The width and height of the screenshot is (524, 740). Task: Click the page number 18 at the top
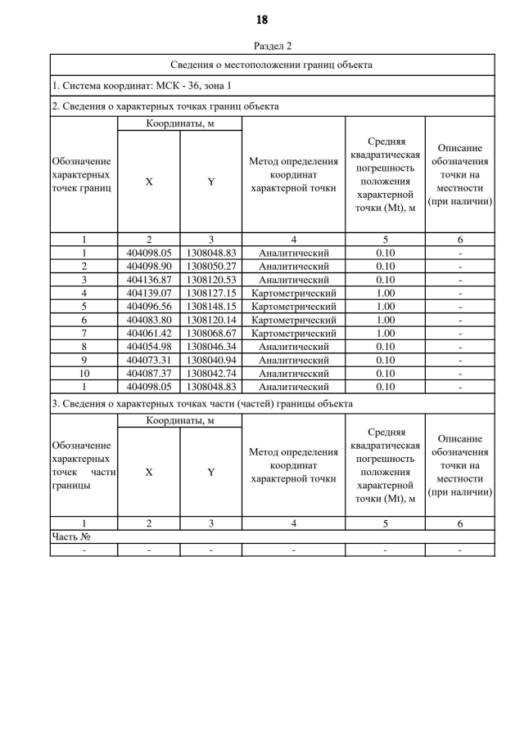tap(262, 19)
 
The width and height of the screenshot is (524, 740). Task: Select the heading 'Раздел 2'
tap(273, 46)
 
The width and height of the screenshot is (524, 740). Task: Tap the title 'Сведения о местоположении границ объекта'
tap(272, 65)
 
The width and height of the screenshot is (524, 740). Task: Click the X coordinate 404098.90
tap(148, 267)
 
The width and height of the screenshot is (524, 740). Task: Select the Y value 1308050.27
tap(210, 267)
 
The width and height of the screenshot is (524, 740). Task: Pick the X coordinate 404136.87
tap(148, 280)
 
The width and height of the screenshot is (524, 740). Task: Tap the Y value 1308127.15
tap(210, 293)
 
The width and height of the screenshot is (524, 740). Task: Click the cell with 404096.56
tap(148, 307)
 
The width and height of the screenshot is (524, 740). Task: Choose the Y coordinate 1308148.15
tap(210, 307)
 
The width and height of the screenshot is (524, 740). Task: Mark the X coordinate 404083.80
tap(148, 320)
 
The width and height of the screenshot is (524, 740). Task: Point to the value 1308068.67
tap(210, 333)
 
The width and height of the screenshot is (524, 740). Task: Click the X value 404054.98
tap(148, 347)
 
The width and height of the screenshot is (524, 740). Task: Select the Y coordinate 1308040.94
tap(210, 360)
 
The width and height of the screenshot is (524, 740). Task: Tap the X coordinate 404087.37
tap(148, 373)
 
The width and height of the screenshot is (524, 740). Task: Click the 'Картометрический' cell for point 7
tap(293, 333)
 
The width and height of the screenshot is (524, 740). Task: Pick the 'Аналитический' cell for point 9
tap(293, 360)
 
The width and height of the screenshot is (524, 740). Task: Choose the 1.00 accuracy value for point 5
tap(385, 307)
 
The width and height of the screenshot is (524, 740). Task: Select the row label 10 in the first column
tap(84, 373)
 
